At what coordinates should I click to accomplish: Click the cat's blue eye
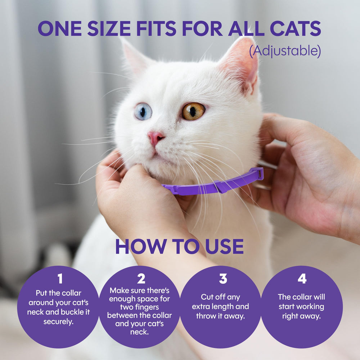point(143,112)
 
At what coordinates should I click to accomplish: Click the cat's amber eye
point(193,111)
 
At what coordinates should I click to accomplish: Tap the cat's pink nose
point(156,137)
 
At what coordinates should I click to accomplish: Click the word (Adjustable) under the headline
point(285,51)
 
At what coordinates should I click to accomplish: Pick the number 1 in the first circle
point(60,279)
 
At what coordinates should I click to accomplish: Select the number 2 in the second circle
point(141,279)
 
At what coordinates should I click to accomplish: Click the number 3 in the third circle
point(222,279)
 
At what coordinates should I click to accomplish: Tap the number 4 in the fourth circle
point(302,279)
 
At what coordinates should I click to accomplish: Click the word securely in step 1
point(58,321)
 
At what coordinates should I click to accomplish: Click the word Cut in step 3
point(207,297)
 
